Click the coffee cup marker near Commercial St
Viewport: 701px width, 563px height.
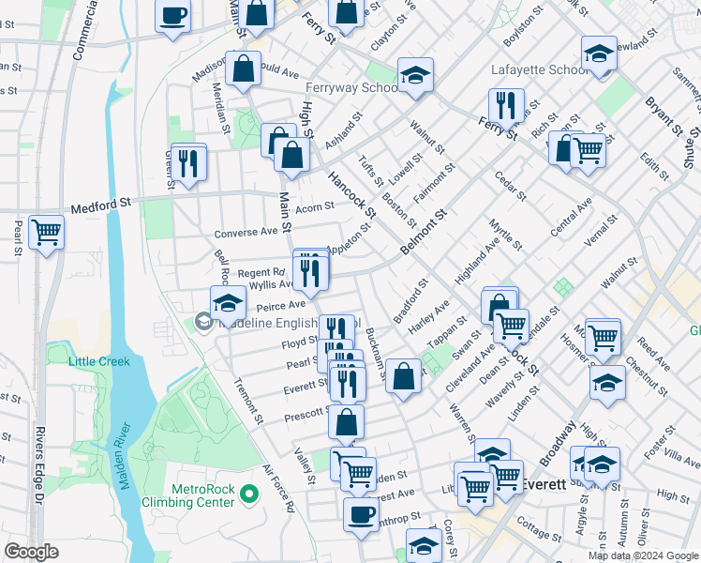pos(173,17)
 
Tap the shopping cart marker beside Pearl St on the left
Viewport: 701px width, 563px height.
pos(46,232)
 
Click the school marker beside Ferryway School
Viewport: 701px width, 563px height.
pos(413,77)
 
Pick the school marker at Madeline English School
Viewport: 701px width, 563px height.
pos(227,303)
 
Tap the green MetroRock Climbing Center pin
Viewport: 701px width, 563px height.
pos(248,493)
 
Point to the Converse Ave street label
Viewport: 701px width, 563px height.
pos(246,232)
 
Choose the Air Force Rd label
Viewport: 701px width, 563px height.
pos(278,489)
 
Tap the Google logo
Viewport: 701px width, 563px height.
pos(31,551)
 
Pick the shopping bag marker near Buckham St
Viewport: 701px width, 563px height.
pos(403,377)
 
